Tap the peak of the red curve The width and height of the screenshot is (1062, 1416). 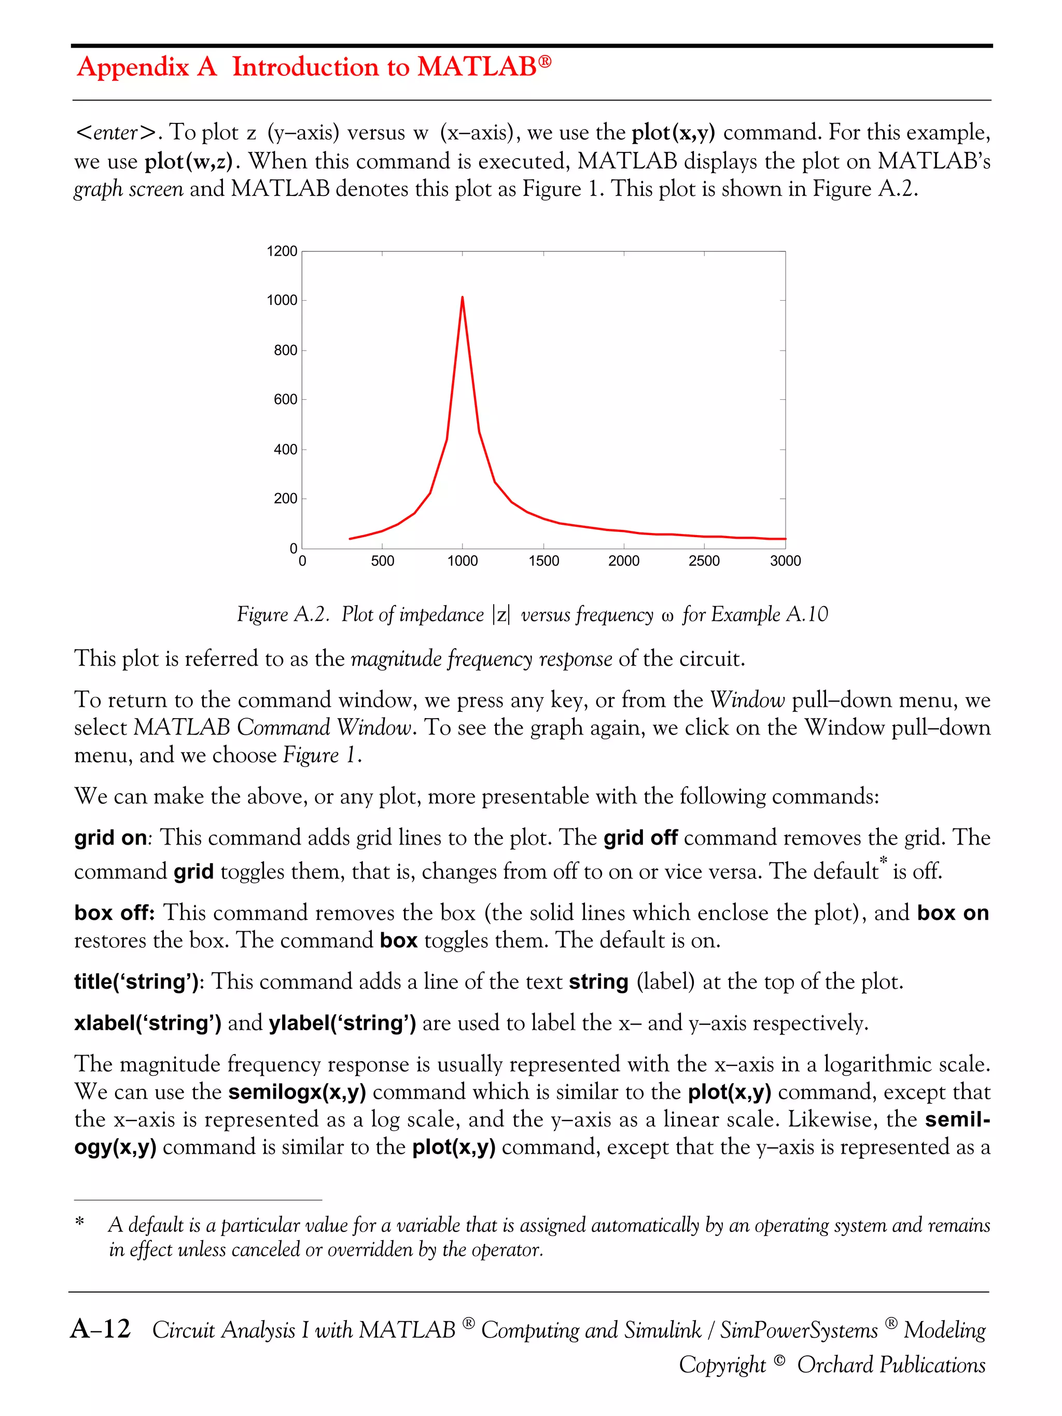pyautogui.click(x=462, y=298)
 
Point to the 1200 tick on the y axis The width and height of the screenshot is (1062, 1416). pyautogui.click(x=282, y=251)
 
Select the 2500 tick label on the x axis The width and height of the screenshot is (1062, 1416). pyautogui.click(x=704, y=561)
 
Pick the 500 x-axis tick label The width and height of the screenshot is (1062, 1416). pyautogui.click(x=382, y=561)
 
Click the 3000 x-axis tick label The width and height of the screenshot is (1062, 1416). pyautogui.click(x=785, y=561)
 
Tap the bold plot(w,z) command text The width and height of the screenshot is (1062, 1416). pyautogui.click(x=188, y=161)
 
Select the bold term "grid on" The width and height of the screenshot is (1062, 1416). pyautogui.click(x=110, y=838)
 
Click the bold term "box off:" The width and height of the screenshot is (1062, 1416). pyautogui.click(x=114, y=913)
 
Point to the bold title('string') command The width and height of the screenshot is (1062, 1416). pyautogui.click(x=136, y=982)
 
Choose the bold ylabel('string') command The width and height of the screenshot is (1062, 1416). pyautogui.click(x=342, y=1023)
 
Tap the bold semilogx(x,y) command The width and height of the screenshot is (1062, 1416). pyautogui.click(x=297, y=1092)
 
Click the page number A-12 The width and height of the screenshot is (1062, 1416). pyautogui.click(x=101, y=1329)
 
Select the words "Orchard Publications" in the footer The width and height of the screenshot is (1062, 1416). pyautogui.click(x=890, y=1365)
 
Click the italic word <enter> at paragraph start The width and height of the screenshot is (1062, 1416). pyautogui.click(x=116, y=133)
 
